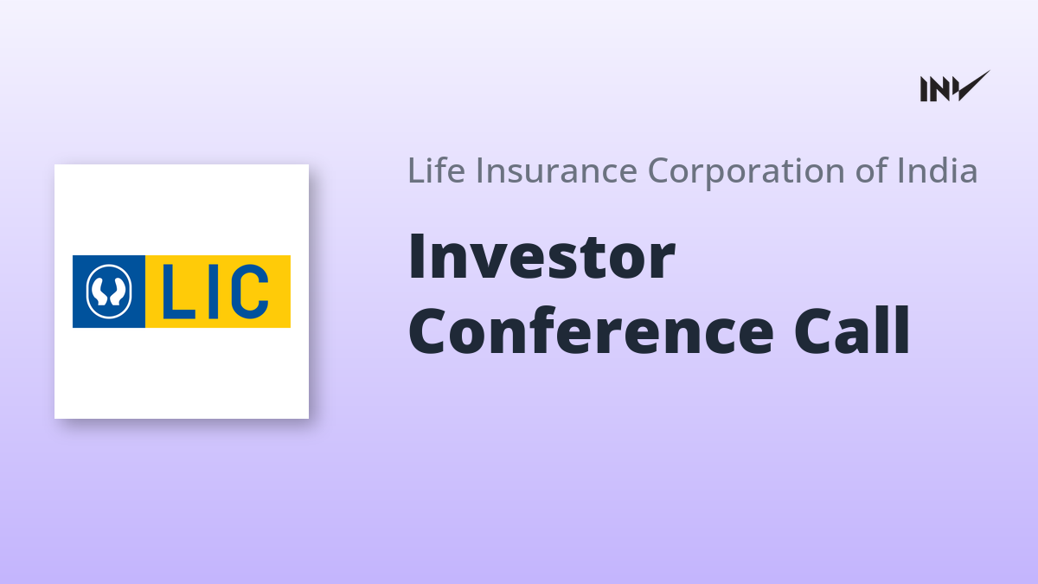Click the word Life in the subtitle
(x=436, y=170)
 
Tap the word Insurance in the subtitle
(x=556, y=170)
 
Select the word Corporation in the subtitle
(x=746, y=172)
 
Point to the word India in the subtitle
(x=938, y=170)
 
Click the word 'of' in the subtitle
(x=871, y=170)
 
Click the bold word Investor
(x=541, y=256)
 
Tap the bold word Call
(x=852, y=330)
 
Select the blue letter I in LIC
(x=214, y=292)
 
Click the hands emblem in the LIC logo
(x=109, y=292)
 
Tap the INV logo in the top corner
(x=955, y=87)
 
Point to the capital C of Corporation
(x=661, y=170)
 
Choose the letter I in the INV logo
(x=924, y=89)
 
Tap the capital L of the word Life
(x=417, y=170)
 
